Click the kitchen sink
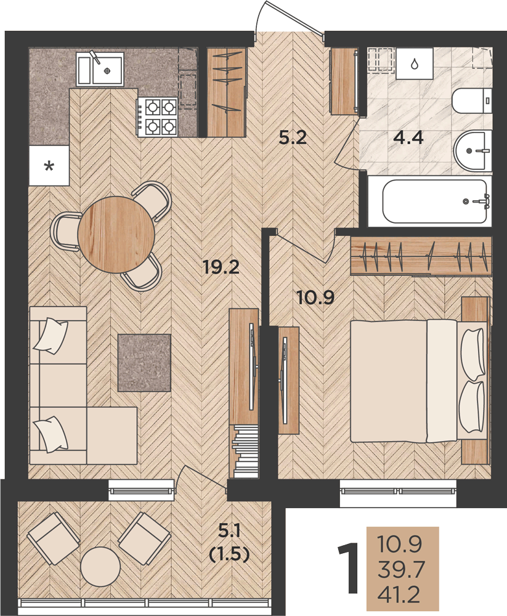(x=100, y=69)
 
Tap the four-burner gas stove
(x=158, y=117)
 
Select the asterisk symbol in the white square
(x=49, y=166)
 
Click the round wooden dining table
(x=116, y=234)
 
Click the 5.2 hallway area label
(x=293, y=138)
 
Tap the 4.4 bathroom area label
(x=409, y=137)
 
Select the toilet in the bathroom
(x=473, y=102)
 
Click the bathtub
(x=436, y=201)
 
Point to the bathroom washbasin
(x=473, y=150)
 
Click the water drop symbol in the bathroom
(x=415, y=63)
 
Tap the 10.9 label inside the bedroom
(x=315, y=297)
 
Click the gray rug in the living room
(x=144, y=363)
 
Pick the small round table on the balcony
(x=100, y=567)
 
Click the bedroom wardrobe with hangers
(x=421, y=256)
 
